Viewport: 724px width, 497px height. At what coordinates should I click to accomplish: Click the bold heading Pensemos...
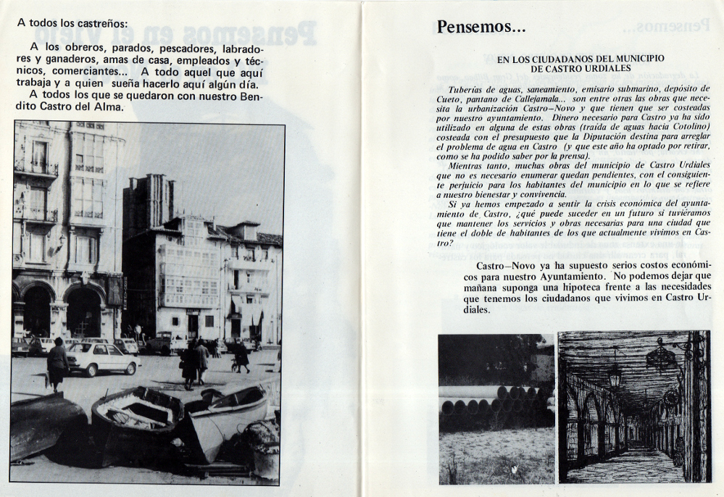tap(480, 28)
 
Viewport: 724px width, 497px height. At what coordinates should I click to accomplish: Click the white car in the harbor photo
tap(102, 359)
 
